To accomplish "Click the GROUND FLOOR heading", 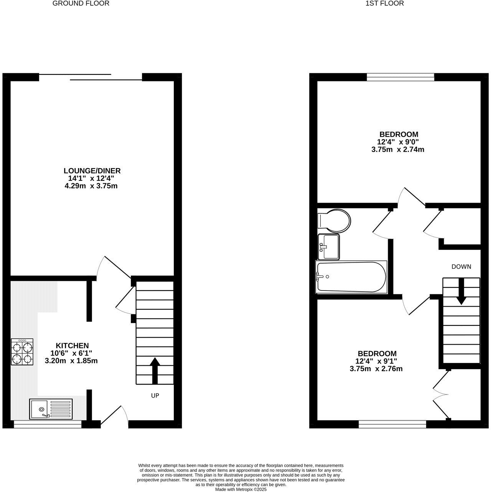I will (81, 3).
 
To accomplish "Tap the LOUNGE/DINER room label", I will (92, 171).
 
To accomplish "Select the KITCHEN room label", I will (72, 345).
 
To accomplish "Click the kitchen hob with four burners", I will (22, 352).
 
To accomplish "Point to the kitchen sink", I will (50, 409).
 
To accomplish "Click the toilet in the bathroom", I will (334, 221).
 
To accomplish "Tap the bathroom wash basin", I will (328, 246).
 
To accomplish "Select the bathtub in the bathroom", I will (351, 277).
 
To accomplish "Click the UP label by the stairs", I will (155, 395).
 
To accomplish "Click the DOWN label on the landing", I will (461, 266).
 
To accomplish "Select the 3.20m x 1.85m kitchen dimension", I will (71, 361).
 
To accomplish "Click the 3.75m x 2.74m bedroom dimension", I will (398, 150).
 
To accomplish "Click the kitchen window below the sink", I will (48, 424).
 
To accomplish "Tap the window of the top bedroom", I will (400, 77).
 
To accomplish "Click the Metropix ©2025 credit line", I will (241, 489).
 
